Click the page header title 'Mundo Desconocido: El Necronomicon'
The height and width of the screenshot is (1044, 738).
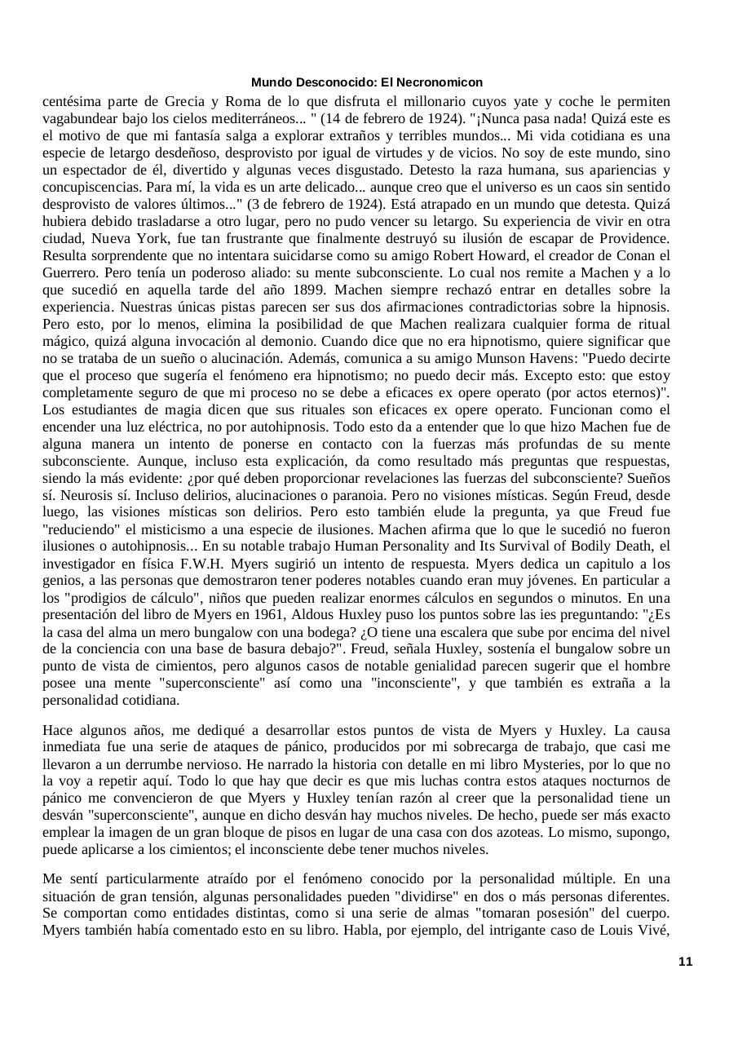(366, 82)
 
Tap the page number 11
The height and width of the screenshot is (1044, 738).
(685, 962)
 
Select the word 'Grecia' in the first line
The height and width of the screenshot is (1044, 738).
(185, 102)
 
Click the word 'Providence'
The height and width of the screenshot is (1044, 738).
(633, 239)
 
